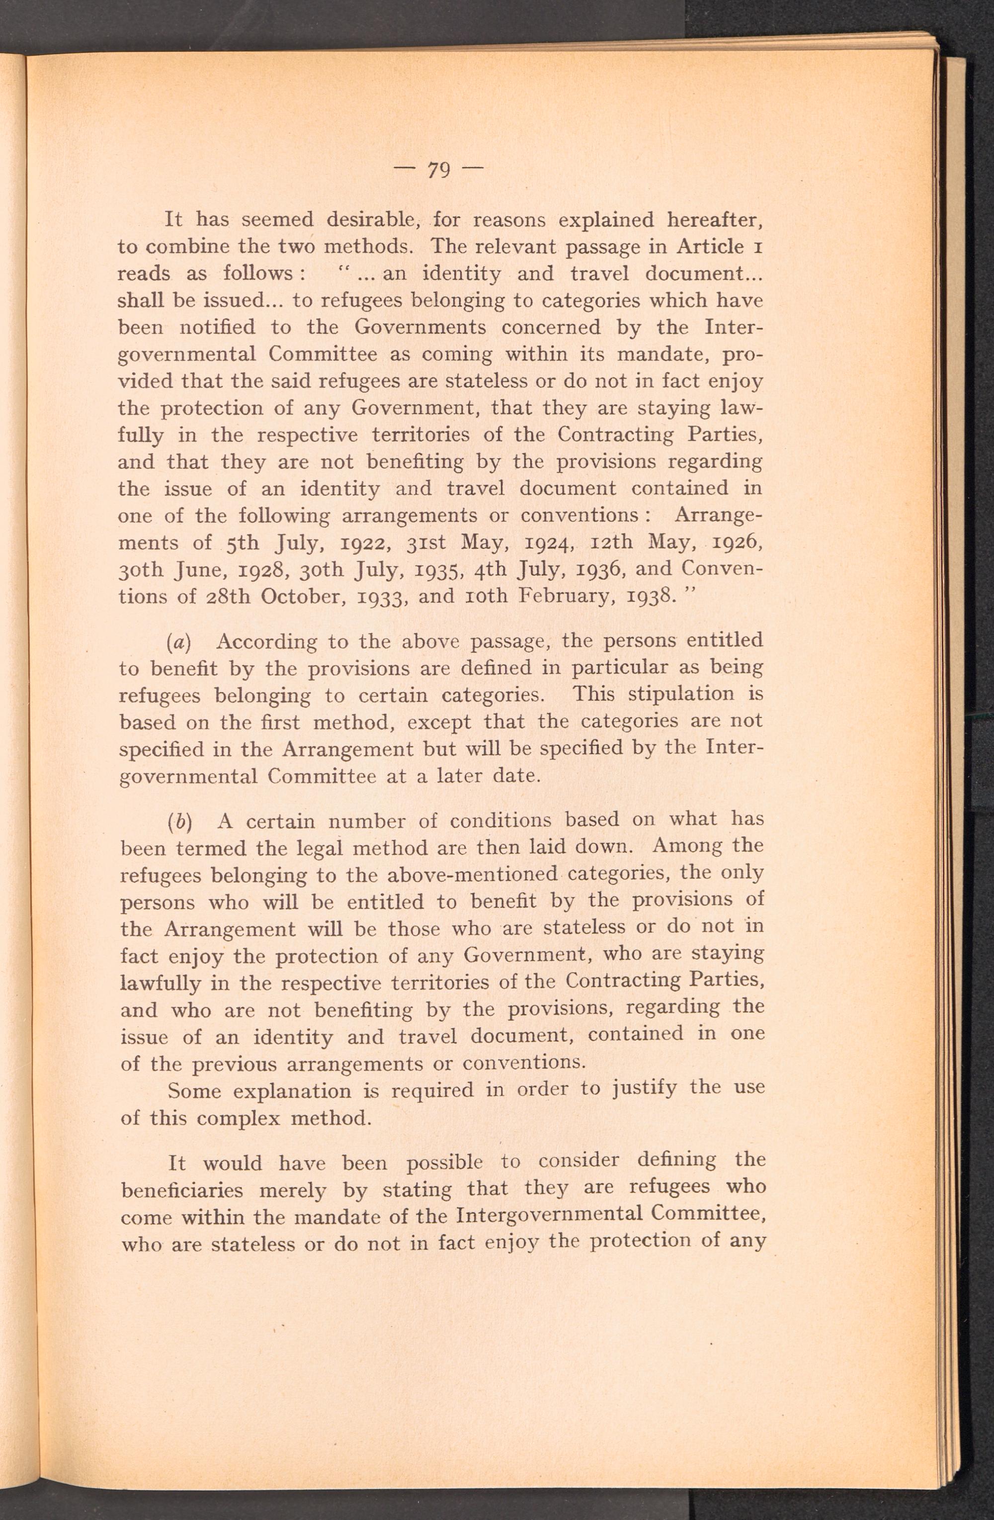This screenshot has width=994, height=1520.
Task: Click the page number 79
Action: coord(439,170)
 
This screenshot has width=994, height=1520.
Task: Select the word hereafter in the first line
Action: coord(714,220)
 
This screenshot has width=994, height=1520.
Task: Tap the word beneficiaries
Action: coord(182,1190)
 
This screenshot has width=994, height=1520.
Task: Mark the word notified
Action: coord(217,327)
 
